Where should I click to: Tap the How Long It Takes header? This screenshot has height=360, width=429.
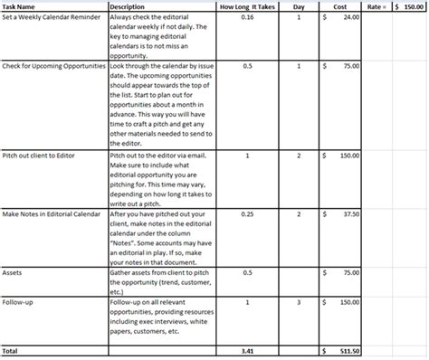tap(247, 7)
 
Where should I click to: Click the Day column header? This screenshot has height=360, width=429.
tap(299, 7)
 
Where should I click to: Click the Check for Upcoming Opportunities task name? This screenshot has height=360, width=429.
tap(53, 66)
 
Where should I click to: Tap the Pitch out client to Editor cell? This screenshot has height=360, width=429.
tap(39, 155)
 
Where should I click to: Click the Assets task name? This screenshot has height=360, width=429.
tap(13, 272)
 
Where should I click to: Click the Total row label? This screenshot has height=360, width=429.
tap(11, 349)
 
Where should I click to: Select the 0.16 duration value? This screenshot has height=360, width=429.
tap(248, 17)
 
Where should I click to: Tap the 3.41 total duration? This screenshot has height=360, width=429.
tap(248, 349)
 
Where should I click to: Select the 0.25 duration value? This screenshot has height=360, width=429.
tap(248, 213)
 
